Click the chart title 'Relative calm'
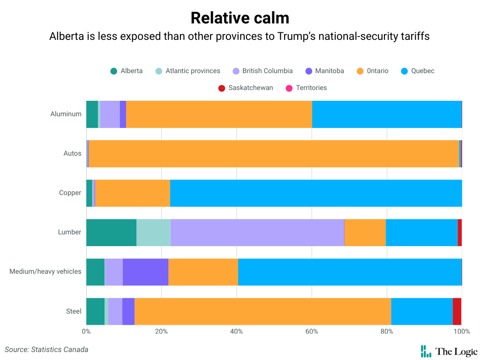coord(240,18)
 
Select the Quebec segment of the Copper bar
coord(315,193)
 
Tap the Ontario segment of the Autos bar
coord(274,154)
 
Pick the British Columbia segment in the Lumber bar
coord(257,232)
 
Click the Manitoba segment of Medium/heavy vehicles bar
coord(145,272)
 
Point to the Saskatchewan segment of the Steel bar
coord(457,311)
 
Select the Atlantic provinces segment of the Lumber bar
coord(153,232)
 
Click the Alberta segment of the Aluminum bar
coord(92,114)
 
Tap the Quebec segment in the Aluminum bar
coord(387,114)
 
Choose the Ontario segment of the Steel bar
coord(262,311)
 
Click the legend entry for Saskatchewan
coord(246,88)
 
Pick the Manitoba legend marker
coord(308,71)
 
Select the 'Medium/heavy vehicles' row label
coord(45,272)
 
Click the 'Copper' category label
coord(70,193)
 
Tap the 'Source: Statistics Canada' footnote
coord(46,349)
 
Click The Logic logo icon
coord(426,351)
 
